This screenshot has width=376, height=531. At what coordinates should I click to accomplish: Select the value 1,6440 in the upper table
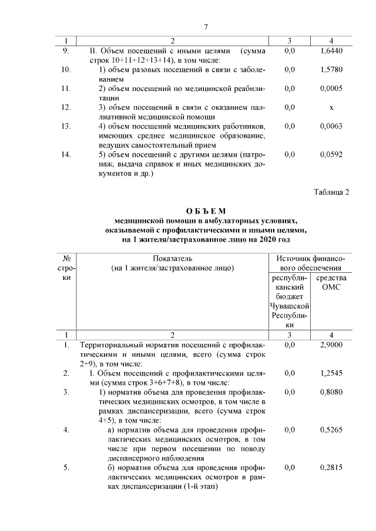(x=331, y=52)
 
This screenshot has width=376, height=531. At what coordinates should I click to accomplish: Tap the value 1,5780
(x=331, y=70)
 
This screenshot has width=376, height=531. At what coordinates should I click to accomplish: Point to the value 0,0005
(x=331, y=89)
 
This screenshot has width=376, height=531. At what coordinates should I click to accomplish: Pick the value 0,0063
(x=331, y=127)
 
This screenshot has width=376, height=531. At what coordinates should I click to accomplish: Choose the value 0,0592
(x=331, y=155)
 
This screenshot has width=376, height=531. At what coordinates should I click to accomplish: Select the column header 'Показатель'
(x=172, y=259)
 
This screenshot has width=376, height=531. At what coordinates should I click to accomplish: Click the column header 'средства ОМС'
(x=331, y=282)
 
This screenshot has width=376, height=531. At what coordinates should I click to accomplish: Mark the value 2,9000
(x=331, y=346)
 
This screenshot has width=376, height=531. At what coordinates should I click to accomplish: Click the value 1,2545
(x=331, y=373)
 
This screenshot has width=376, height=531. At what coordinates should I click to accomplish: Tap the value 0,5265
(x=331, y=430)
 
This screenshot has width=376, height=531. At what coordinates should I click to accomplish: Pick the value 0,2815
(x=331, y=468)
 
